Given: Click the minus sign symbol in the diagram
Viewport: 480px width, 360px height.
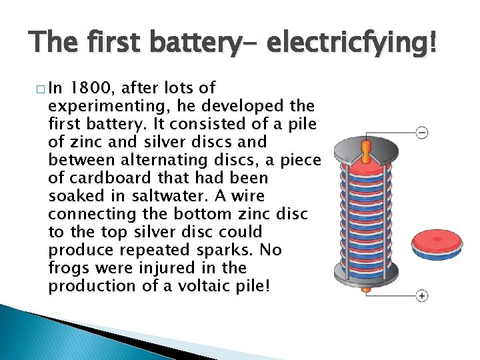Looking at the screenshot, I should [x=421, y=132].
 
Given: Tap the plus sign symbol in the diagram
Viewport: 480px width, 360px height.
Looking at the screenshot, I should [x=421, y=295].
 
